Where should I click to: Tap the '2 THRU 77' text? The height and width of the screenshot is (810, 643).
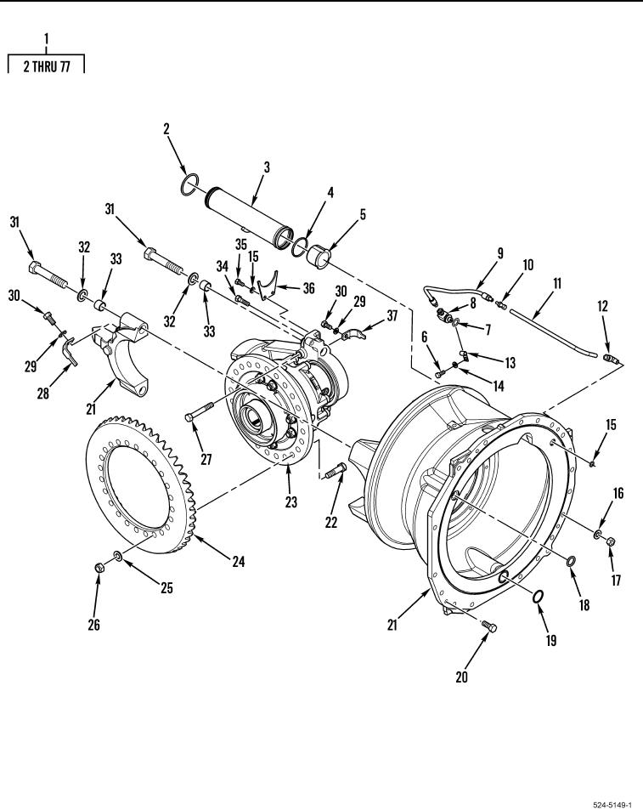point(47,66)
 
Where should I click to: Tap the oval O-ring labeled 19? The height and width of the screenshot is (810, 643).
point(539,597)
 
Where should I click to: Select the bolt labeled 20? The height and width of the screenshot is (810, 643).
point(489,626)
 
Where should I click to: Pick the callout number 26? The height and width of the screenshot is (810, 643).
point(94,625)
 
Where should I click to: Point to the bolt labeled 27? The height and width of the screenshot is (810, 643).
point(192,416)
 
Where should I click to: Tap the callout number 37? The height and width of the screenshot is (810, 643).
point(392,316)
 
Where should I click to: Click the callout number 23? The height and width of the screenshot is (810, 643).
point(291,501)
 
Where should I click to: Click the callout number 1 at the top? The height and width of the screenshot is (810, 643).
point(46,39)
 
